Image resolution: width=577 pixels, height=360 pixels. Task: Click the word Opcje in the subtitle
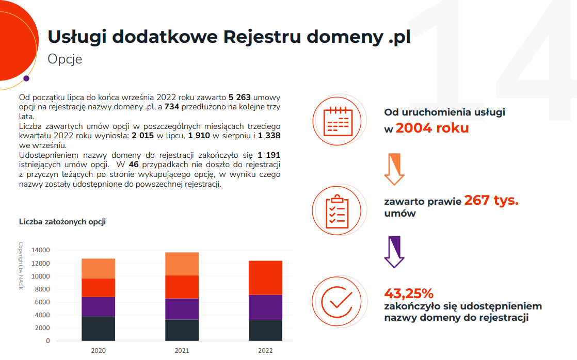click(x=65, y=59)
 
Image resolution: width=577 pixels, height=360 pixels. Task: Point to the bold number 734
click(x=172, y=107)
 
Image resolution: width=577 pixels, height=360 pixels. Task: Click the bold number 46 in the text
click(x=134, y=165)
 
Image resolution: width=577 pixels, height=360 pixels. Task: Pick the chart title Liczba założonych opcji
click(x=62, y=222)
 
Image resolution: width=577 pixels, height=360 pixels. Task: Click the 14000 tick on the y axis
click(x=40, y=251)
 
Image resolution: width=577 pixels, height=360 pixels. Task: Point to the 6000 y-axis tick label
click(x=42, y=302)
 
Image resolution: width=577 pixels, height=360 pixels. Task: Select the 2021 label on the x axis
click(x=182, y=351)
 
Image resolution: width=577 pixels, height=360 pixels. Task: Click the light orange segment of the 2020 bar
click(x=98, y=268)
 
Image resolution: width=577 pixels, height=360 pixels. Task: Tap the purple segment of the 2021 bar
click(x=182, y=309)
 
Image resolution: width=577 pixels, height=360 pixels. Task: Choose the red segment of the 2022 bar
click(x=265, y=277)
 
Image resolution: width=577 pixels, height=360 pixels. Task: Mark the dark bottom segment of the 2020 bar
click(x=98, y=329)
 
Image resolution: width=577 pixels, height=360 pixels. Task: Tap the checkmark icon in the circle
click(x=337, y=301)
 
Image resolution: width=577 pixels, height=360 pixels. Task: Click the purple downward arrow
click(x=394, y=252)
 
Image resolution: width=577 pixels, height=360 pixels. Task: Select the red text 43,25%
click(x=409, y=294)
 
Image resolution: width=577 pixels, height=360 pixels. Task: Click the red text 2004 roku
click(x=432, y=128)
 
